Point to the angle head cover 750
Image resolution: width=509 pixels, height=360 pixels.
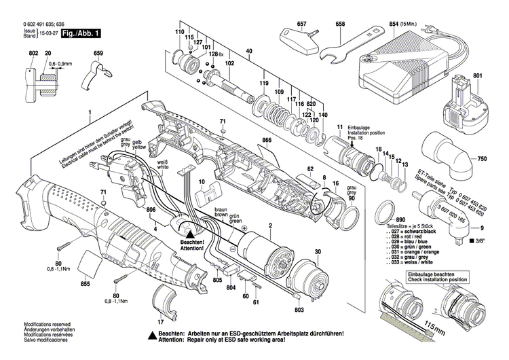452,154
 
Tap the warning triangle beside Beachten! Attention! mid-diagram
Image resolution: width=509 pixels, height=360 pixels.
191,231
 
